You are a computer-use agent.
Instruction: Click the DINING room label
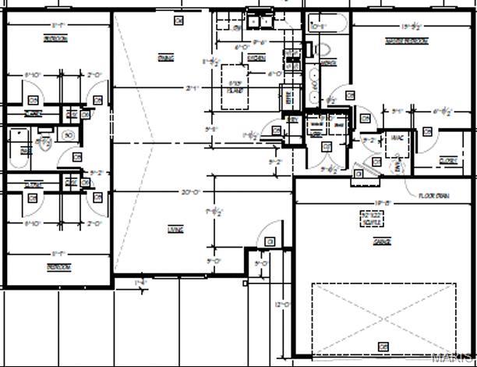165,58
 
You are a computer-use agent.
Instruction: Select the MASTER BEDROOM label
405,41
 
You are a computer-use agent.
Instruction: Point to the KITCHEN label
256,58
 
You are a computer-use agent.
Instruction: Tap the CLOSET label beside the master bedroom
447,160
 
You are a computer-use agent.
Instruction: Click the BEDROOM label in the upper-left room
55,38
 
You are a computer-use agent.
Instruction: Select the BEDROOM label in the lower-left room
58,266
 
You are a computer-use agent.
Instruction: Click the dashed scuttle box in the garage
370,219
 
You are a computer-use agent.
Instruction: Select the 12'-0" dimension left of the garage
282,305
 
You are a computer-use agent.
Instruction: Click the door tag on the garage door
383,346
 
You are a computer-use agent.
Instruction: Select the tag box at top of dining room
178,20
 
